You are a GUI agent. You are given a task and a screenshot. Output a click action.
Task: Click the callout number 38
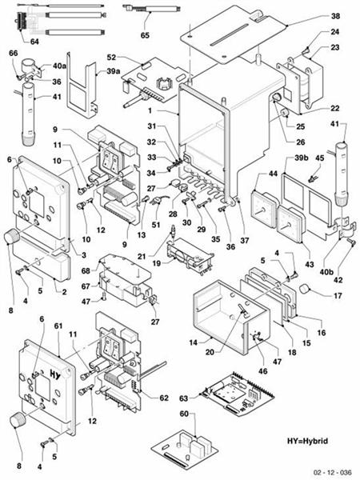335,16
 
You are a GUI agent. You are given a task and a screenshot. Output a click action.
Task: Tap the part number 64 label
34,41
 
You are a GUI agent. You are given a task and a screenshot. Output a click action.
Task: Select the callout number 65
145,36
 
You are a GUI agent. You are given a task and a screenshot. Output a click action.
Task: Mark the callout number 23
335,48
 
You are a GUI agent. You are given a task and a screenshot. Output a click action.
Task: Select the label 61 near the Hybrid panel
57,327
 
